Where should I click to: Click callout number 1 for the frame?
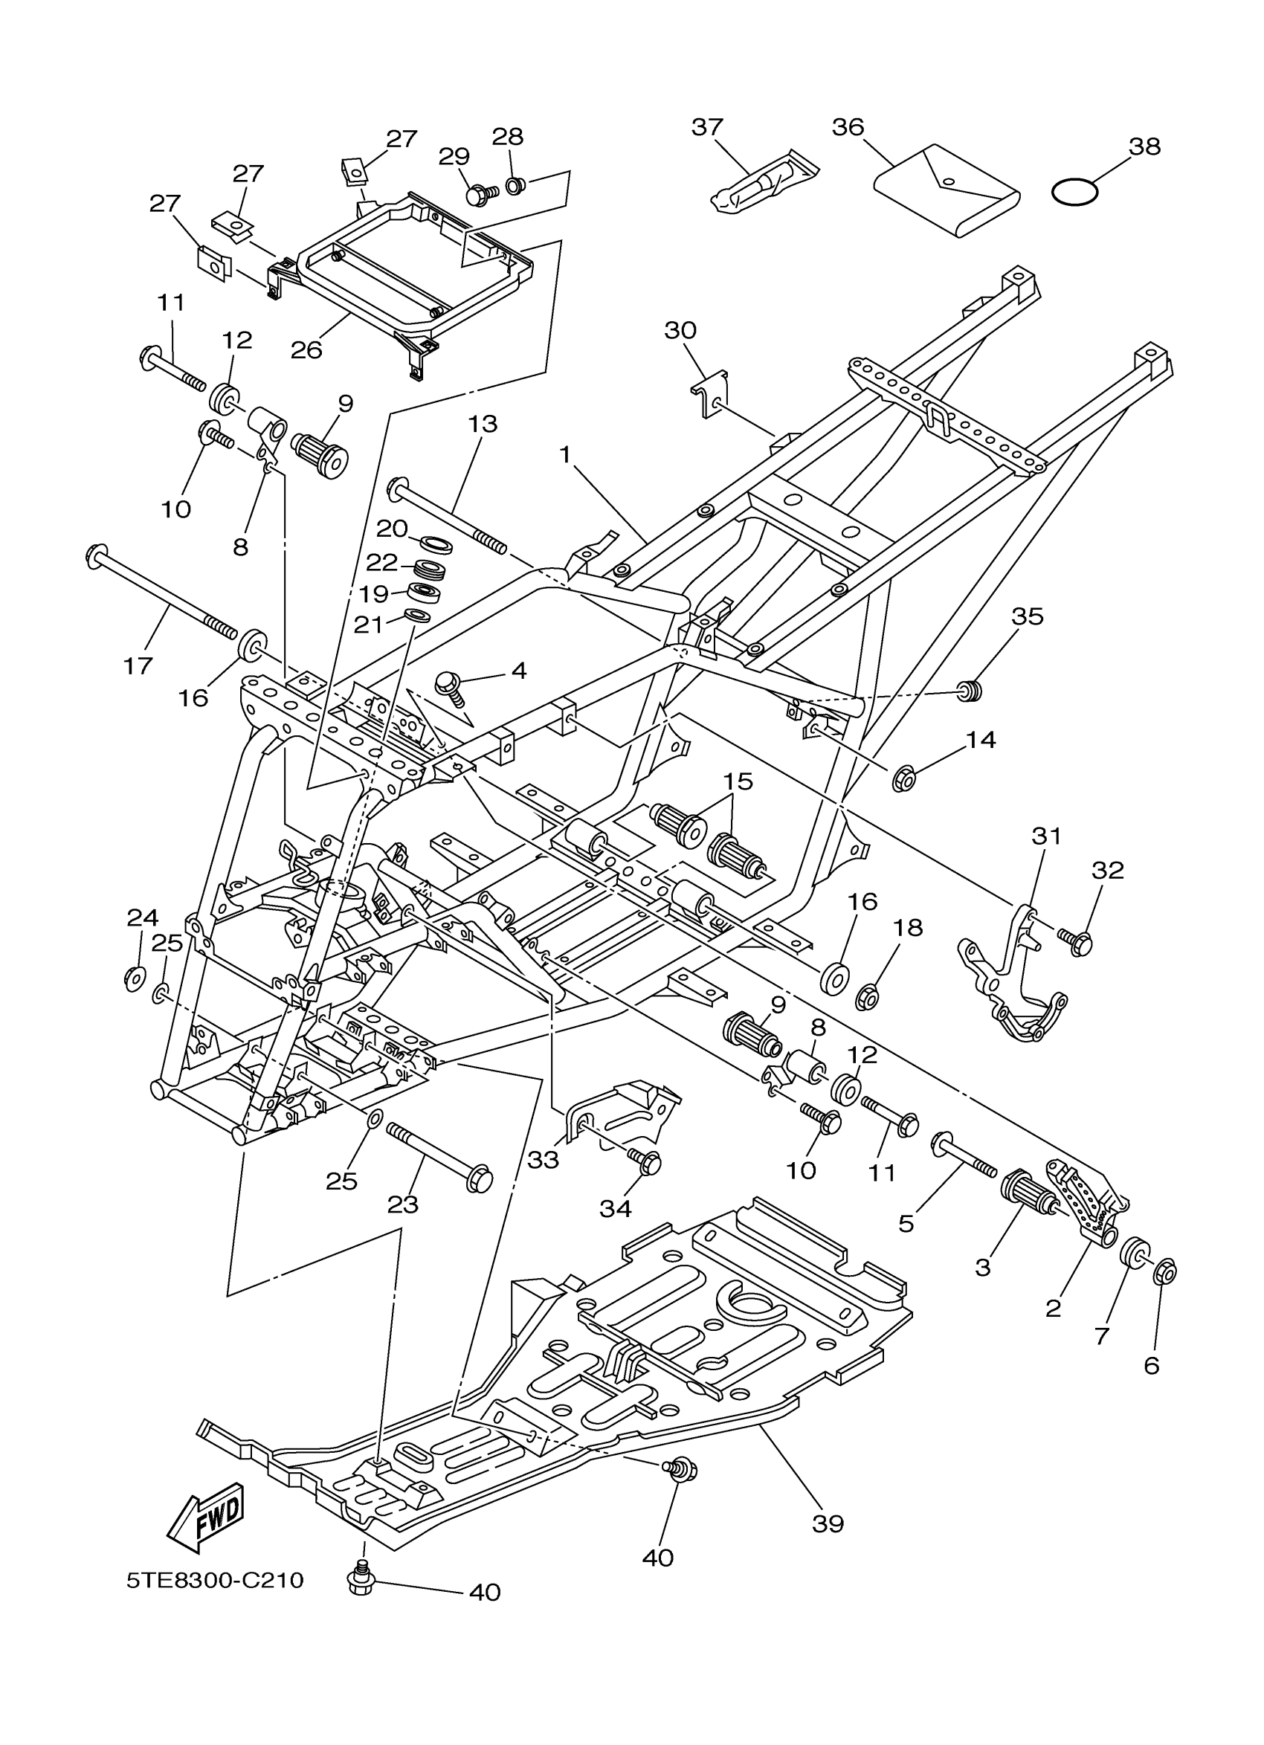click(x=565, y=456)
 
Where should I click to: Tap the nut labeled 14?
click(x=903, y=780)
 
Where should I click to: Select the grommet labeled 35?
click(x=972, y=690)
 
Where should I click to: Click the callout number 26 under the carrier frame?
click(x=306, y=349)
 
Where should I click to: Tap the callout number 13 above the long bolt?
click(x=483, y=423)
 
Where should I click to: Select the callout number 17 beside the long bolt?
click(x=138, y=665)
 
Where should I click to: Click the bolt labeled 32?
click(x=1079, y=941)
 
